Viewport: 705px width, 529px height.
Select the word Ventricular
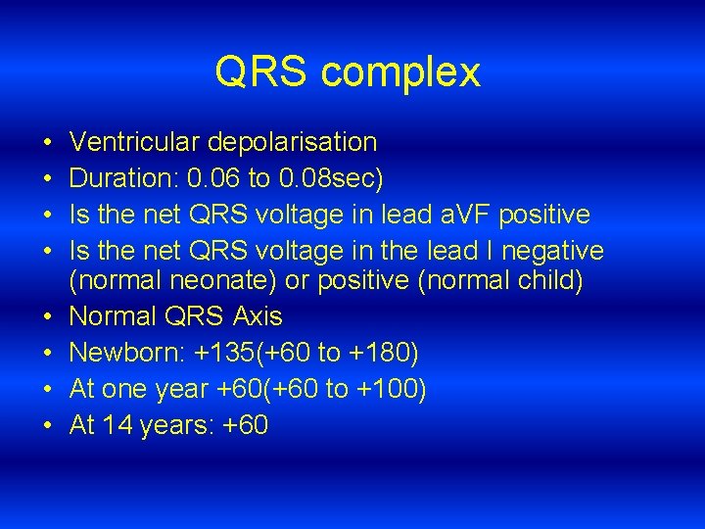[137, 142]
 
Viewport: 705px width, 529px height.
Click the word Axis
[258, 316]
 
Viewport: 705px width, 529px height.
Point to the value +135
[229, 353]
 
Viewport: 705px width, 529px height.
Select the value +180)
[384, 353]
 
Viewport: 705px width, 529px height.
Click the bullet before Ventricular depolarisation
[48, 143]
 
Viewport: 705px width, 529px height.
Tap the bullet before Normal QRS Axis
[48, 317]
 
